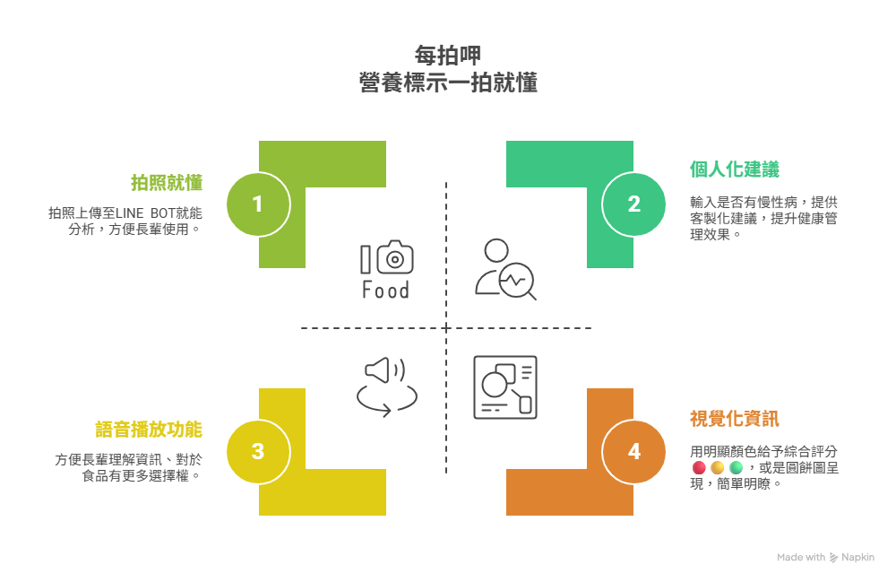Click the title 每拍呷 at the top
pos(448,56)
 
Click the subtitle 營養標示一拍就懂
pos(448,83)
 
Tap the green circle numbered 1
pos(258,204)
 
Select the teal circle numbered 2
pos(633,204)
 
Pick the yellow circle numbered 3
pos(258,451)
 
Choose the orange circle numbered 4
pos(633,451)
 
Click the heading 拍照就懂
pos(167,183)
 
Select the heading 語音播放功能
pos(149,429)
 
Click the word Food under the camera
pos(385,291)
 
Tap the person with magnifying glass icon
pos(504,269)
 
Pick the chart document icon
pos(504,387)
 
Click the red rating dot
pos(699,468)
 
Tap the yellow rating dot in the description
pos(717,468)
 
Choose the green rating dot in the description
pos(736,468)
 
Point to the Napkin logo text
pos(857,557)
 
